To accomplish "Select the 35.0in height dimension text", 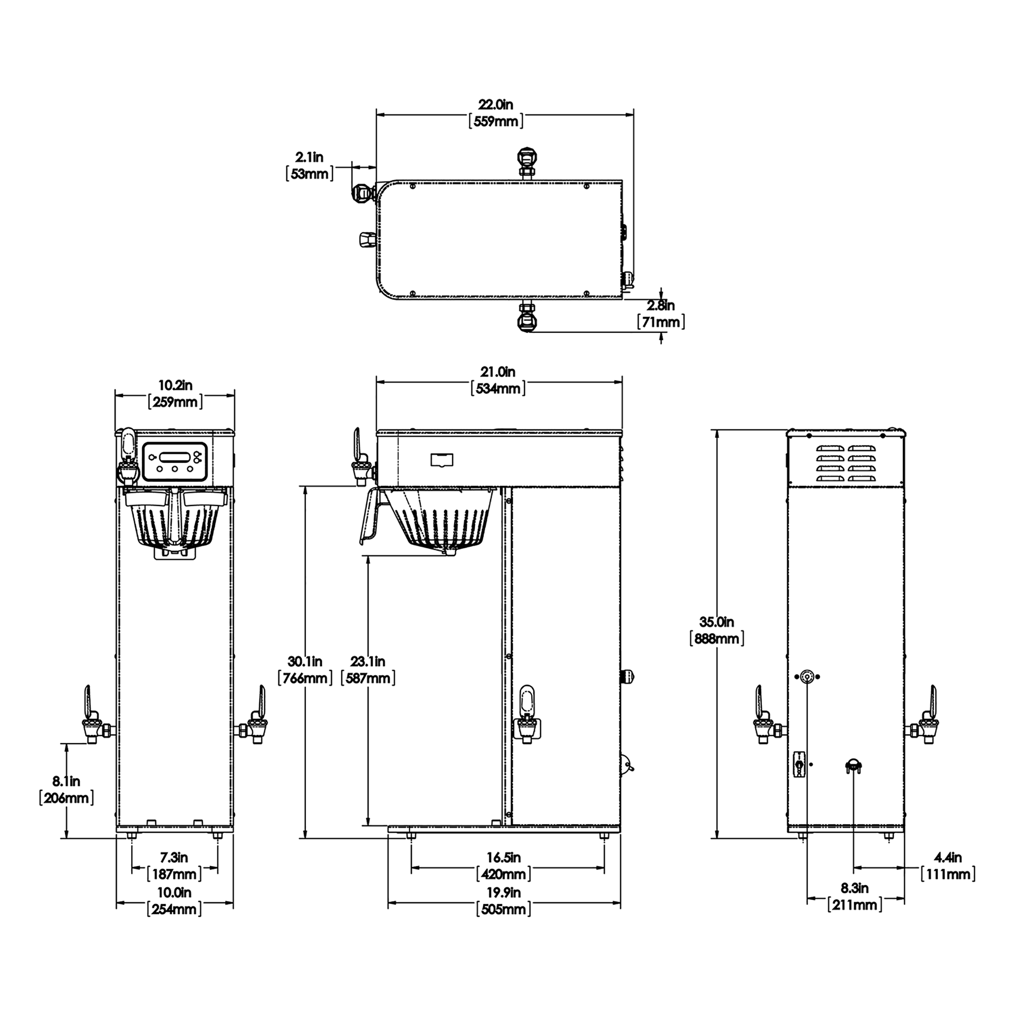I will [716, 622].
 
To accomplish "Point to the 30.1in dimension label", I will [305, 661].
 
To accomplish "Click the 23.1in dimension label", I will [368, 661].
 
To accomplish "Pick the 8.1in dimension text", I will [66, 781].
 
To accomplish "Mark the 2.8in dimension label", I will [661, 305].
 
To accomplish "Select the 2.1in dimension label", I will [309, 157].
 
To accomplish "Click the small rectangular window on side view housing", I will [442, 460].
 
